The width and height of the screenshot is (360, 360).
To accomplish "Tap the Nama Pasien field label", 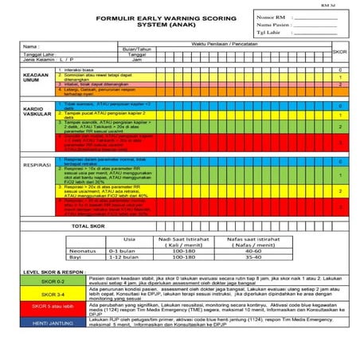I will click(x=272, y=25).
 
